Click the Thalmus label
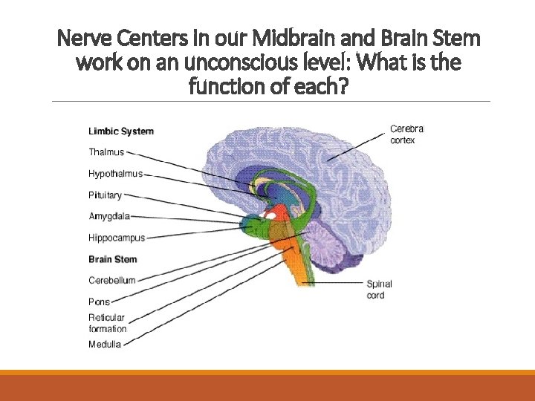click(106, 152)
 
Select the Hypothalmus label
click(115, 174)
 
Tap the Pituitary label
click(105, 195)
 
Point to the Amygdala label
click(109, 217)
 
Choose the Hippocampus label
click(117, 238)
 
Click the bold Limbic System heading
click(121, 131)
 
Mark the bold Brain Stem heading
click(113, 259)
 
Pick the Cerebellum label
click(112, 280)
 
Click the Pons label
click(99, 302)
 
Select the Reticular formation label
click(108, 323)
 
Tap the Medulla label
click(105, 344)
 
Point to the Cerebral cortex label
click(406, 134)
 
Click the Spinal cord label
click(379, 290)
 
